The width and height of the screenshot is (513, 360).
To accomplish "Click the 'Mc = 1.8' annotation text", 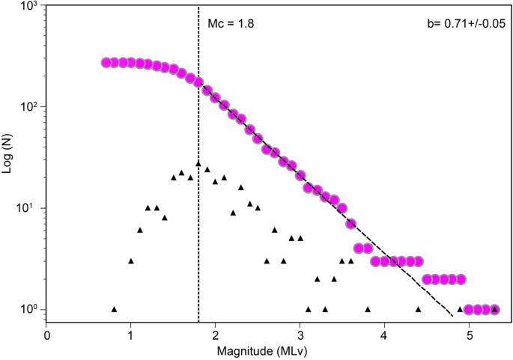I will click(x=231, y=24).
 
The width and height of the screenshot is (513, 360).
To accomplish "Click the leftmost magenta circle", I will click(x=106, y=63).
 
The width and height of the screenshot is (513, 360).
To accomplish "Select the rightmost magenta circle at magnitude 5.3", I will click(x=494, y=309).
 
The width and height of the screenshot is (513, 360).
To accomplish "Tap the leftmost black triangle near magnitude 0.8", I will click(x=114, y=309).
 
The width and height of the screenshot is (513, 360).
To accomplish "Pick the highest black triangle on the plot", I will click(x=198, y=163).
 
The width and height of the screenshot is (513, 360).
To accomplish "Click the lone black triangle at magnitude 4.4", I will click(x=418, y=309).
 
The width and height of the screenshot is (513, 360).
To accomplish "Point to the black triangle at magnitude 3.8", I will click(x=368, y=309).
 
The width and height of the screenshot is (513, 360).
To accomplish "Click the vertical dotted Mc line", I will click(x=198, y=225).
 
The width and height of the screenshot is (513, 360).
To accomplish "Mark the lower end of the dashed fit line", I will click(x=452, y=317).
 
